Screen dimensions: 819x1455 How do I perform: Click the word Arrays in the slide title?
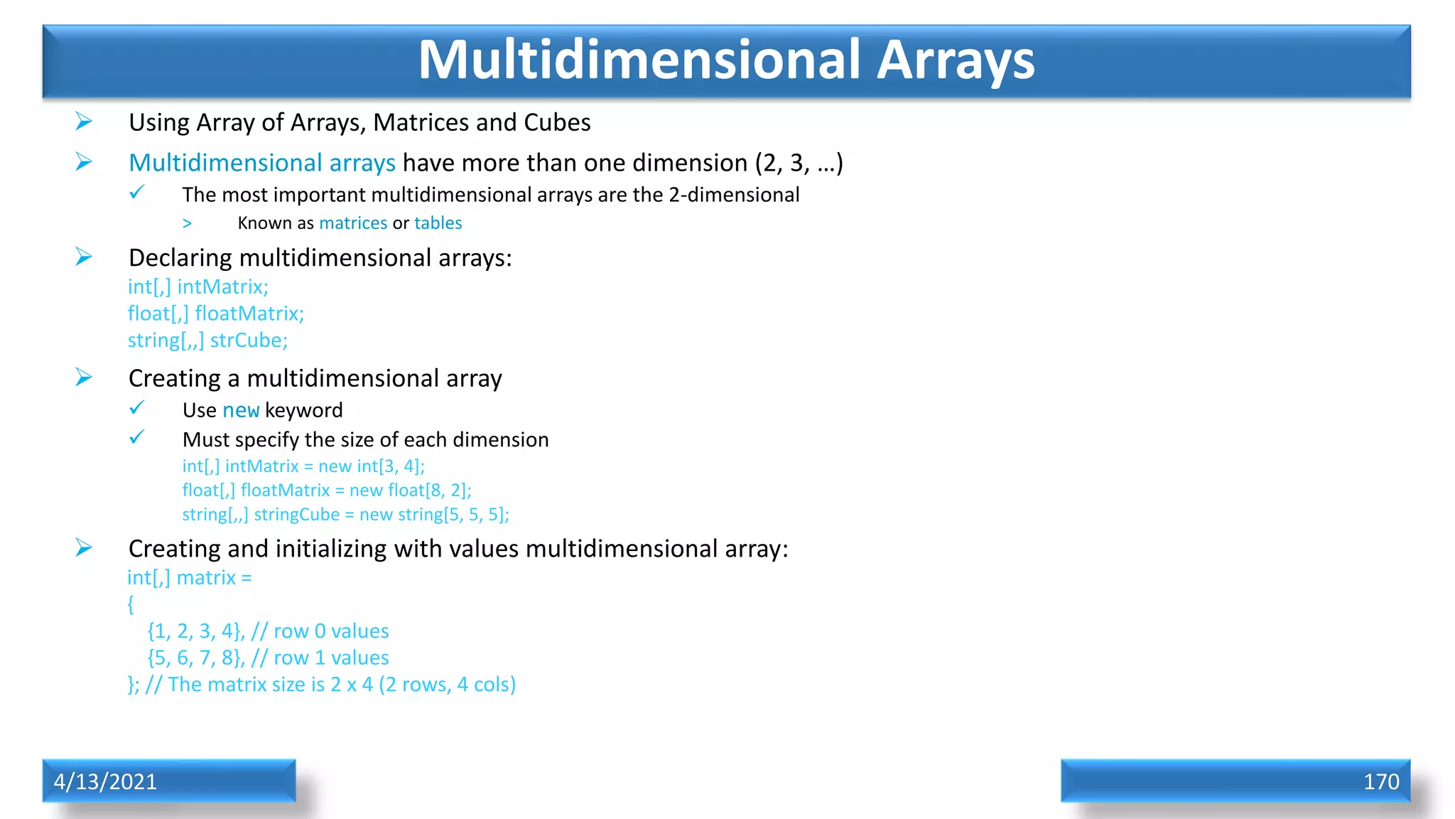coord(955,61)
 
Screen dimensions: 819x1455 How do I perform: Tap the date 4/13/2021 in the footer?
coord(105,781)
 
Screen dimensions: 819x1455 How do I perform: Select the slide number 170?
coord(1380,781)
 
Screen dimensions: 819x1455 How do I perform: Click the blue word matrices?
coord(353,223)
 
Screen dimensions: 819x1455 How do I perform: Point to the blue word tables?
coord(438,223)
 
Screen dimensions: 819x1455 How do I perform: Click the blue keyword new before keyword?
coord(241,410)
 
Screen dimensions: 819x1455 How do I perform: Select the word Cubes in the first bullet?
coord(557,123)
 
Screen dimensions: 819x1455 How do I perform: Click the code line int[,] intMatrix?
coord(198,287)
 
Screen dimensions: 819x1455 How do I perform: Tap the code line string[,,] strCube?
coord(207,341)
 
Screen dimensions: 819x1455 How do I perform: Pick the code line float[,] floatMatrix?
coord(215,314)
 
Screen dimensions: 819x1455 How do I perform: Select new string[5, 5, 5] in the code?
coord(433,515)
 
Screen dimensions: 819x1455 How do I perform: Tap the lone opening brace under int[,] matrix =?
coord(131,604)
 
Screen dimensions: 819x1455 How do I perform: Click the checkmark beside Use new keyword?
coord(136,408)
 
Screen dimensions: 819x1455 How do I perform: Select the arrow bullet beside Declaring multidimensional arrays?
coord(84,256)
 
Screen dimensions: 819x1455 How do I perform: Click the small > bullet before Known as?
coord(187,224)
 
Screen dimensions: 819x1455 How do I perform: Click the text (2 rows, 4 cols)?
coord(447,685)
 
